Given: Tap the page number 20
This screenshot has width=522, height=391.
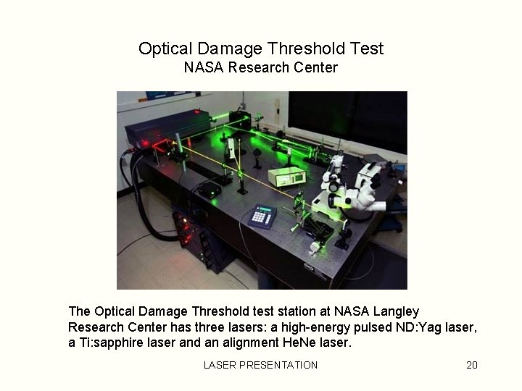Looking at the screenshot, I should point(472,365).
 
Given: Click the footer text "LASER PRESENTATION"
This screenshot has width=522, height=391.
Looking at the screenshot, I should point(260,365).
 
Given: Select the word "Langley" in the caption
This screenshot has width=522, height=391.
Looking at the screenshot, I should point(396,311).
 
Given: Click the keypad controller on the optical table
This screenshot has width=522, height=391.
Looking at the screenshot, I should point(262,216).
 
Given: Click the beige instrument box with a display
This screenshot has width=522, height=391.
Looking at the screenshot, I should point(286,175).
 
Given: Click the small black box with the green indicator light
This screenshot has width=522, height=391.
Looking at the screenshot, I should point(210,190).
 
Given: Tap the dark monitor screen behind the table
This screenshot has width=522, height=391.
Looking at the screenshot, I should point(348,119).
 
